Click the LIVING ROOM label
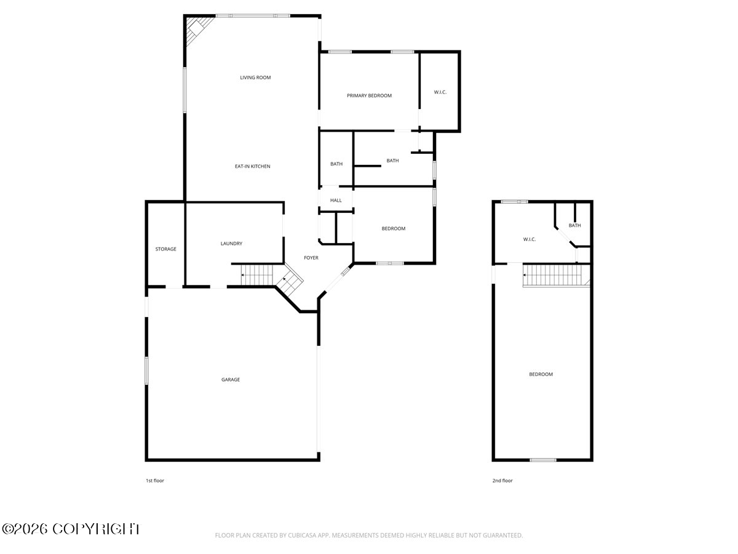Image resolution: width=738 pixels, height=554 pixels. coord(255,78)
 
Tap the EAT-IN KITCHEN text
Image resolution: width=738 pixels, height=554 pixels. coord(253,166)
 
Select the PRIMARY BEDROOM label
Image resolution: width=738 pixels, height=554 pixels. coord(369,95)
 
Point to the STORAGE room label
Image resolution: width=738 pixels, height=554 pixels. coord(166,249)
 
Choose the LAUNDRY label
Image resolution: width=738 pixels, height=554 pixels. coord(231,244)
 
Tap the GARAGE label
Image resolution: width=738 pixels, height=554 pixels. coord(231,379)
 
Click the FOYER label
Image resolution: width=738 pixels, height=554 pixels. coord(311,258)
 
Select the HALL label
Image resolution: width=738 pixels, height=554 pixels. coord(336,200)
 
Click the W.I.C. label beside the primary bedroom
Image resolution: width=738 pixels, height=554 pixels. coord(440,92)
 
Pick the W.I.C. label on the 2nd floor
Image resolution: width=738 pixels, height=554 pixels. coord(530,239)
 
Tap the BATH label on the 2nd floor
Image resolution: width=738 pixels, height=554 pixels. coord(574,225)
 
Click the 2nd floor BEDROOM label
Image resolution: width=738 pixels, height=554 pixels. coord(541,374)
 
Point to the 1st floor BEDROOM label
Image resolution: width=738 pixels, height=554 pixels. coord(394,228)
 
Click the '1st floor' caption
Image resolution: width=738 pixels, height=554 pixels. coord(155,481)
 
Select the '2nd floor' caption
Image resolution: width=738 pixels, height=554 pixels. coord(502,481)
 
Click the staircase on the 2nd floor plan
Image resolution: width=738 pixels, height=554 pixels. coord(557,276)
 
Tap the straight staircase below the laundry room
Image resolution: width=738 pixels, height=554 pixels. coord(257,275)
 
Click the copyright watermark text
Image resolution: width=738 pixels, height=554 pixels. coord(71,529)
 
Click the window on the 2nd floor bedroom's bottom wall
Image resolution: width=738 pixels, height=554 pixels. coord(543,460)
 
